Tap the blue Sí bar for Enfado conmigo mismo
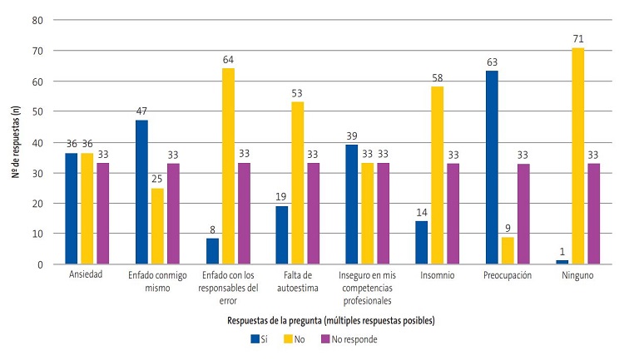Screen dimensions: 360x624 141,192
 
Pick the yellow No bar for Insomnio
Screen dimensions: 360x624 437,175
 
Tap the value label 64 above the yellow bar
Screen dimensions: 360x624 228,59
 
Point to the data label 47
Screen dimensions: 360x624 141,111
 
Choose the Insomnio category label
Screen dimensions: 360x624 436,276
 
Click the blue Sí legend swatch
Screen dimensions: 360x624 255,339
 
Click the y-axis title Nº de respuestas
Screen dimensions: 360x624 15,141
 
